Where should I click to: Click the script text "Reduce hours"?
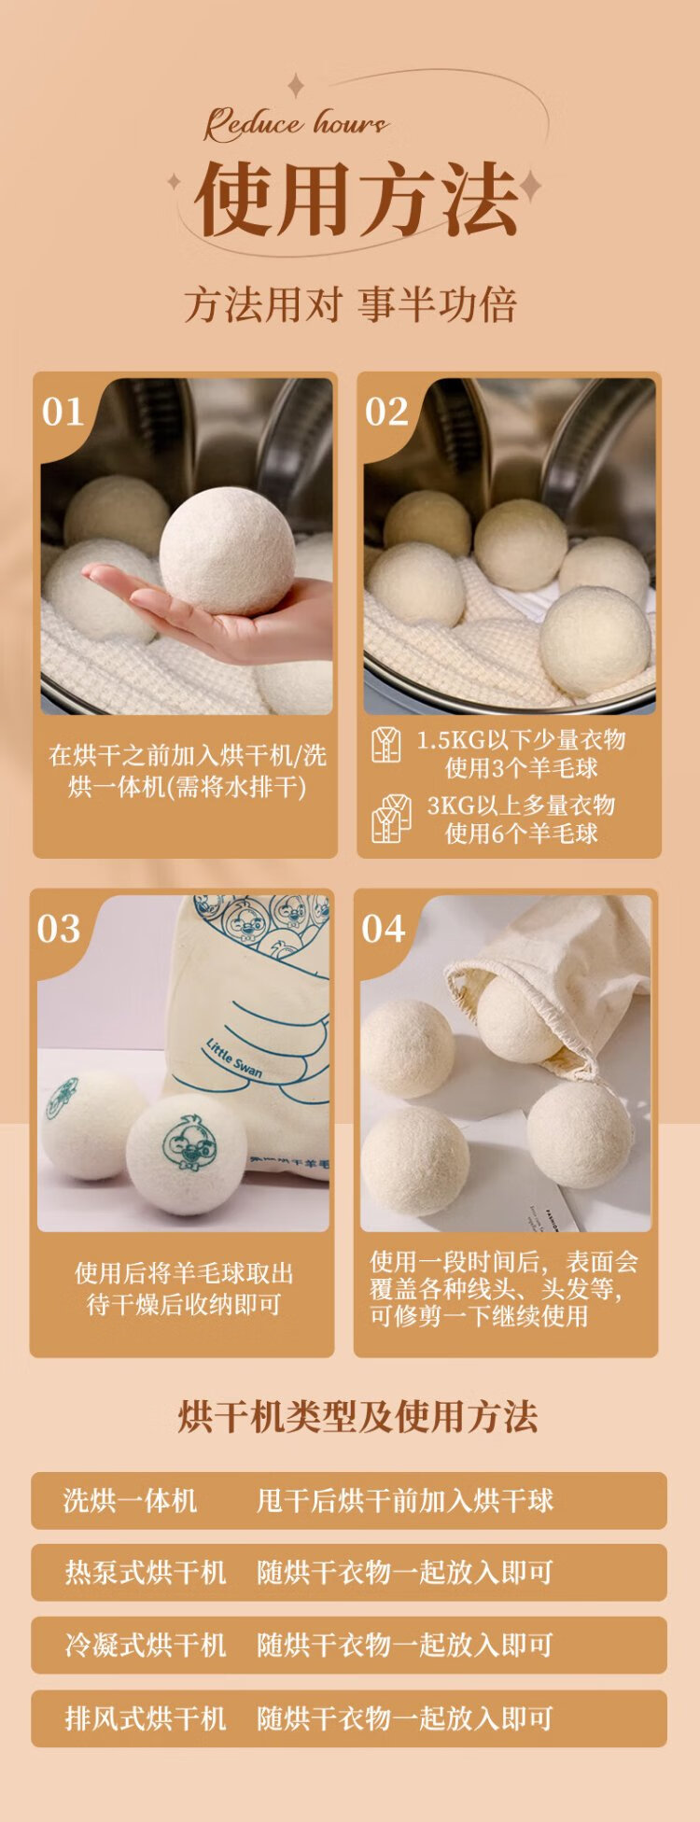[296, 123]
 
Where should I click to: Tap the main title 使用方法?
[356, 199]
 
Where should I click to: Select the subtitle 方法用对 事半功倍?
[350, 305]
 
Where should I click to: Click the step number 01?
[63, 412]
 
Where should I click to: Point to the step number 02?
[386, 412]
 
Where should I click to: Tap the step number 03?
[59, 929]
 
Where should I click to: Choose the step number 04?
[384, 929]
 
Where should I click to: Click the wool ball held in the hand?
[227, 551]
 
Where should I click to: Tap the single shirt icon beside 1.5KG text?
[386, 745]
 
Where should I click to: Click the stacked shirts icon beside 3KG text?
[391, 819]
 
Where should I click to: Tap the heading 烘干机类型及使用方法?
[357, 1416]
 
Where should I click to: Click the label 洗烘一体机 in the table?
[130, 1501]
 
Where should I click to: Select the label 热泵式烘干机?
[146, 1573]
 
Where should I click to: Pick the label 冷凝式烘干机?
[146, 1645]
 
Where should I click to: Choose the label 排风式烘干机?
[146, 1718]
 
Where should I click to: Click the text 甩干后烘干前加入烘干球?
[405, 1501]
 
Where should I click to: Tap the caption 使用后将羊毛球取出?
[184, 1273]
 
